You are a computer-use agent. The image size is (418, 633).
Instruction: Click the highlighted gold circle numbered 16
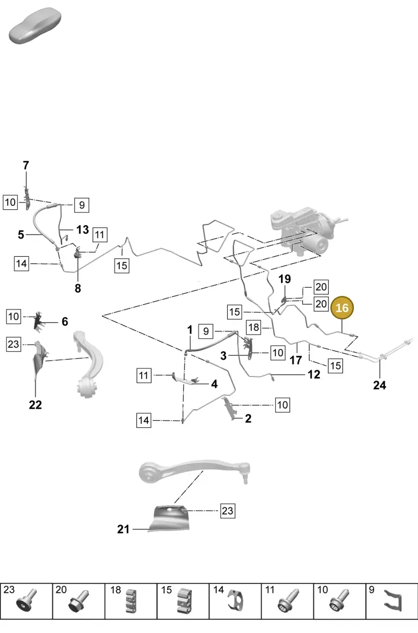point(342,308)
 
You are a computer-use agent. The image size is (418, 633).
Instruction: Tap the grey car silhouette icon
point(35,26)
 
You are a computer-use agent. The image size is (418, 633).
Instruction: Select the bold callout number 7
point(26,165)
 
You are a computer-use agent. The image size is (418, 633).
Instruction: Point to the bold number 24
point(379,385)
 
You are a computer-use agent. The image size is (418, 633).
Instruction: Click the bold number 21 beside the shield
point(123,529)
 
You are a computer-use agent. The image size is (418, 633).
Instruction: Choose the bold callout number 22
point(36,405)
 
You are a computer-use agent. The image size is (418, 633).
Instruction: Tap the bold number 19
point(284,279)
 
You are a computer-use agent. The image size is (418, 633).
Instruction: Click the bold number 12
point(314,375)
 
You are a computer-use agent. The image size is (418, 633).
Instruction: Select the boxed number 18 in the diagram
point(253,327)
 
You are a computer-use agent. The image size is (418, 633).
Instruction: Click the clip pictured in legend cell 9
point(393,602)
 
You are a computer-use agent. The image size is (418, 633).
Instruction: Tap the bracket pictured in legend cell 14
point(236,602)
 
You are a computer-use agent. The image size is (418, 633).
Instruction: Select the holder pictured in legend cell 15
point(184,602)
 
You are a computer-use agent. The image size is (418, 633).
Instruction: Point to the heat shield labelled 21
point(169,519)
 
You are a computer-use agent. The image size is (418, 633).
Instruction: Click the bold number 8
point(78,289)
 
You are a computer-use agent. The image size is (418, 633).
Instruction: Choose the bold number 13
point(83,230)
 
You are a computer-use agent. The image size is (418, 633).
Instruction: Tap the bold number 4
point(215,384)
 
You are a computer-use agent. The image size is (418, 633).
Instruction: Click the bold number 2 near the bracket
point(248,419)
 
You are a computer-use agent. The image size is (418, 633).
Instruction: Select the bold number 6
point(65,321)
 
